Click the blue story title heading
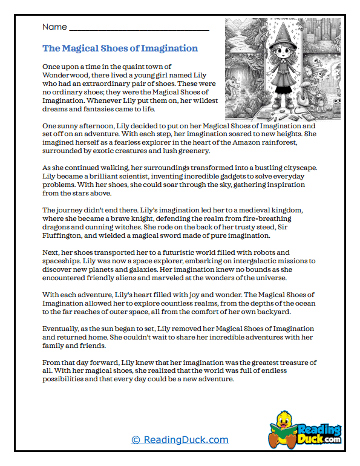[120, 48]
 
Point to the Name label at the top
[54, 27]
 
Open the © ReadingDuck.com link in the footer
[180, 440]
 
